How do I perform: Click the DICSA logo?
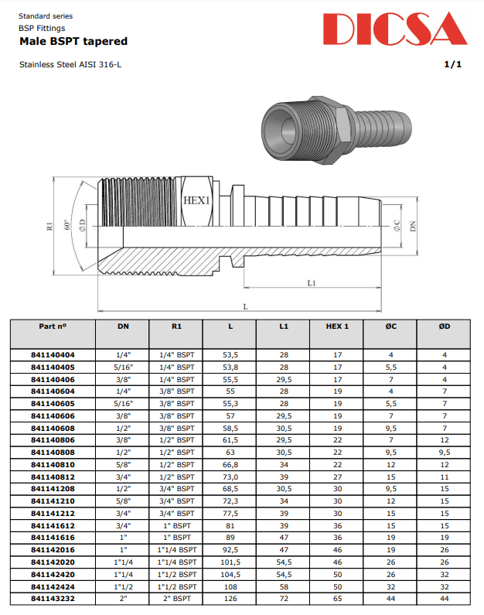click(x=395, y=30)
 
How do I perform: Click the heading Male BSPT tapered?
click(x=73, y=41)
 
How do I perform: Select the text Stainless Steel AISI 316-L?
click(x=70, y=64)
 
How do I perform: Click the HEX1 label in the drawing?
click(x=196, y=200)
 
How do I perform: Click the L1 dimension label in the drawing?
click(x=311, y=283)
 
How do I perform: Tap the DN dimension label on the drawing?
click(x=413, y=226)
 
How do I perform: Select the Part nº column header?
click(x=53, y=326)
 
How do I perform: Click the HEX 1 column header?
click(x=337, y=326)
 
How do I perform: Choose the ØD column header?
click(x=445, y=326)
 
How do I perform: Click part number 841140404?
click(x=53, y=355)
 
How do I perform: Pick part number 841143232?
click(x=53, y=598)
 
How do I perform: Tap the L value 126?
click(x=230, y=598)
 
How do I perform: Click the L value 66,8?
click(x=230, y=464)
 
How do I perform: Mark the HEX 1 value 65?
click(x=337, y=598)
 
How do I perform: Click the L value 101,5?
click(x=230, y=562)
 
